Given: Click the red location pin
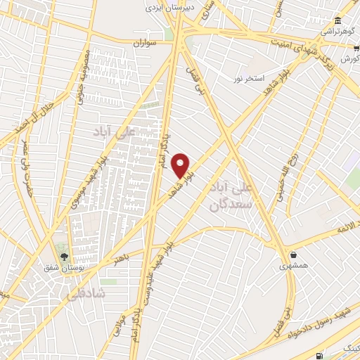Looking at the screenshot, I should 181,165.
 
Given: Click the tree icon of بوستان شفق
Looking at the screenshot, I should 64,256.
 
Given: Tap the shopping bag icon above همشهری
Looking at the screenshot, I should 292,255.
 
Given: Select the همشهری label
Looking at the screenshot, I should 292,266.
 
